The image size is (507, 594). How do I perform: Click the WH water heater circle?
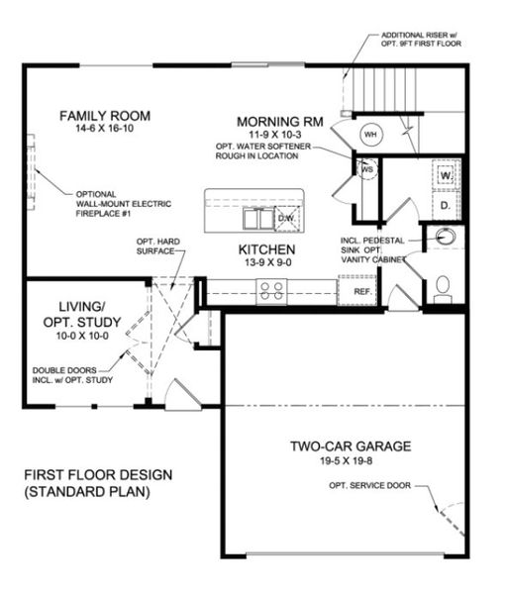[370, 134]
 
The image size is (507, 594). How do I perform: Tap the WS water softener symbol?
[366, 169]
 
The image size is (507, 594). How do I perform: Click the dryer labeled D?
[446, 205]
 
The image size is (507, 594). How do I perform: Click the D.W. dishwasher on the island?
[285, 217]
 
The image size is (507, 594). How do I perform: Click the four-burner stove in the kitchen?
[271, 290]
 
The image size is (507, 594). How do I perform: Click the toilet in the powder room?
[443, 286]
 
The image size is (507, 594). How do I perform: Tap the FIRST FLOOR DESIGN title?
[97, 474]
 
